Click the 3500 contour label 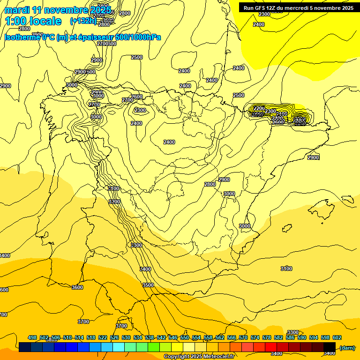tap(148, 285)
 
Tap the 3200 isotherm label tap(114, 202)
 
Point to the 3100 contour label tap(286, 269)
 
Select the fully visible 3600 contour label tap(77, 287)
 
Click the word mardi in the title tap(17, 10)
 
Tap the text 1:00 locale tap(33, 21)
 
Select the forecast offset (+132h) tap(83, 21)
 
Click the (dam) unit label tap(347, 347)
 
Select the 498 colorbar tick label tap(32, 337)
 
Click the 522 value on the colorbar tap(103, 337)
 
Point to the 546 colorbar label tap(173, 337)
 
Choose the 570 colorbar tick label tap(243, 337)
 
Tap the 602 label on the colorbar tap(337, 337)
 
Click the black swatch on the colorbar tap(330, 347)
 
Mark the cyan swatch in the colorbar tap(119, 347)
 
